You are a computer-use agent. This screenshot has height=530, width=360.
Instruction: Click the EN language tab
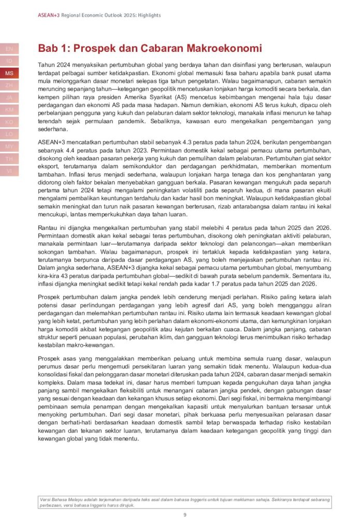coord(9,49)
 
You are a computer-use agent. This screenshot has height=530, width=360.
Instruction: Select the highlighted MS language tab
coord(9,73)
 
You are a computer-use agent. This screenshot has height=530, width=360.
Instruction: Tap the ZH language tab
coord(9,85)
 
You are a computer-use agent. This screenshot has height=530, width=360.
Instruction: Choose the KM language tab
coord(9,110)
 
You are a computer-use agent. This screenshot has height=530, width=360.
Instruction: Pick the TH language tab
coord(9,158)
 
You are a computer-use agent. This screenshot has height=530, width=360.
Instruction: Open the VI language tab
coord(9,171)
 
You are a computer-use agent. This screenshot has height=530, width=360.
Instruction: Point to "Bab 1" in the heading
coord(53,49)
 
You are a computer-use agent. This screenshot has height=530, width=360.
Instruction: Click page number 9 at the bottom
coord(185,514)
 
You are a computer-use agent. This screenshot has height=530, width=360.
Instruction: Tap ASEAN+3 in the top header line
coord(49,16)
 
